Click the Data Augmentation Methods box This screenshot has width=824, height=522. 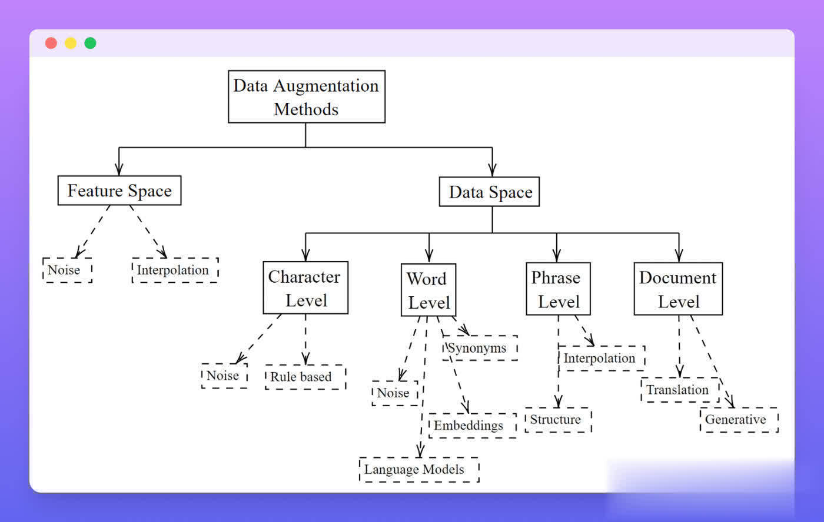click(x=306, y=97)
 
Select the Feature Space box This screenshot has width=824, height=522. click(x=119, y=190)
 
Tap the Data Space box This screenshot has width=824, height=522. click(x=489, y=192)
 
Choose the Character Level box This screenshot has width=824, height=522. click(x=305, y=288)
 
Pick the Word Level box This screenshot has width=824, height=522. click(x=428, y=290)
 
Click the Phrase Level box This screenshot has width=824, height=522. click(x=557, y=289)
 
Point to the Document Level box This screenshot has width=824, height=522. click(x=678, y=289)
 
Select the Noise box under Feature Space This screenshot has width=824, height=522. click(x=67, y=270)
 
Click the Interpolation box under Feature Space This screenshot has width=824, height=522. click(x=175, y=270)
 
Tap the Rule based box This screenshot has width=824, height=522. click(x=305, y=377)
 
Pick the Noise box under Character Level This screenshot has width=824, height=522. click(x=224, y=376)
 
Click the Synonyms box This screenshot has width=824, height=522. click(x=480, y=348)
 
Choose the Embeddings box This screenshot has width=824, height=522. click(x=472, y=426)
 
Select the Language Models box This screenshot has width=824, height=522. click(x=418, y=470)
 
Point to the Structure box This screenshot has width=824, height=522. click(x=557, y=420)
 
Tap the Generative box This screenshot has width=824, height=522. click(x=739, y=420)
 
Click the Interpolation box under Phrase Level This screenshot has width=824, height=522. click(x=601, y=359)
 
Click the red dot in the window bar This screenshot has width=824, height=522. click(x=51, y=43)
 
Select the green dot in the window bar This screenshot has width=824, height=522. click(x=90, y=43)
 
